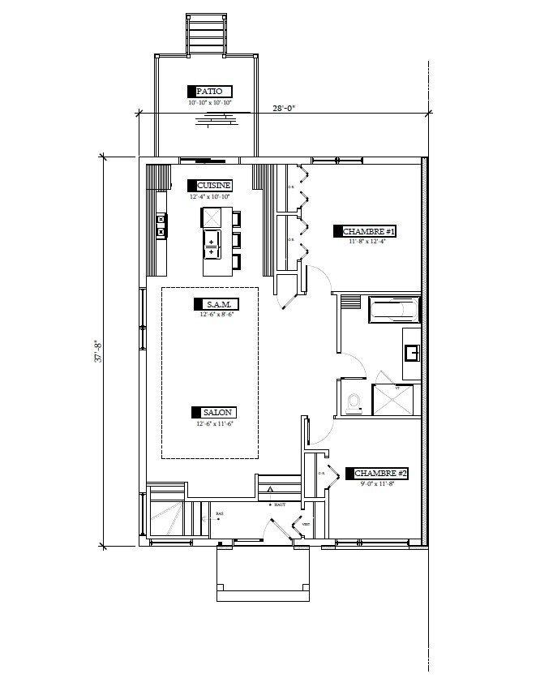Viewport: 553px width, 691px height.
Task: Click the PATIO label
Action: click(x=210, y=92)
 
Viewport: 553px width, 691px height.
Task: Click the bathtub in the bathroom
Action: click(x=394, y=309)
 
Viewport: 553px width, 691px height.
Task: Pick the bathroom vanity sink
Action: click(x=411, y=353)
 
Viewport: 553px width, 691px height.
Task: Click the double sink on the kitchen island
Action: click(x=212, y=247)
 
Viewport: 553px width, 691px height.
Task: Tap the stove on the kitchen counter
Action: click(x=161, y=225)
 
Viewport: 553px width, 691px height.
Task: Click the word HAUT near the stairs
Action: click(x=281, y=504)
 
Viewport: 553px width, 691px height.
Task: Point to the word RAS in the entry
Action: click(x=219, y=514)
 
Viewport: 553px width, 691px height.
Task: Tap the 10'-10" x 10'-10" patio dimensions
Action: click(x=210, y=103)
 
